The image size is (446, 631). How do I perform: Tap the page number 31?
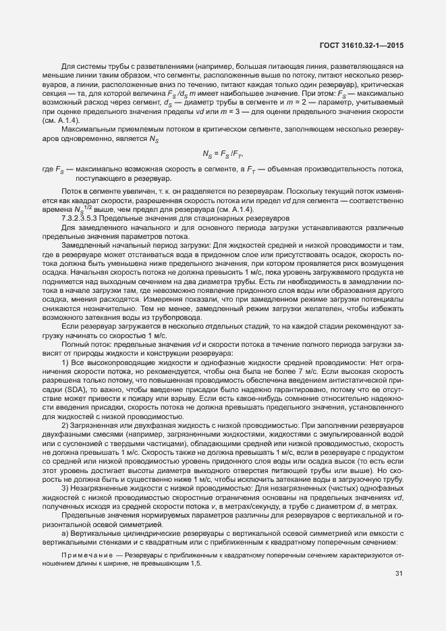coord(399,574)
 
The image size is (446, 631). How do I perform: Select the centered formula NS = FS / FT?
coord(222,153)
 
